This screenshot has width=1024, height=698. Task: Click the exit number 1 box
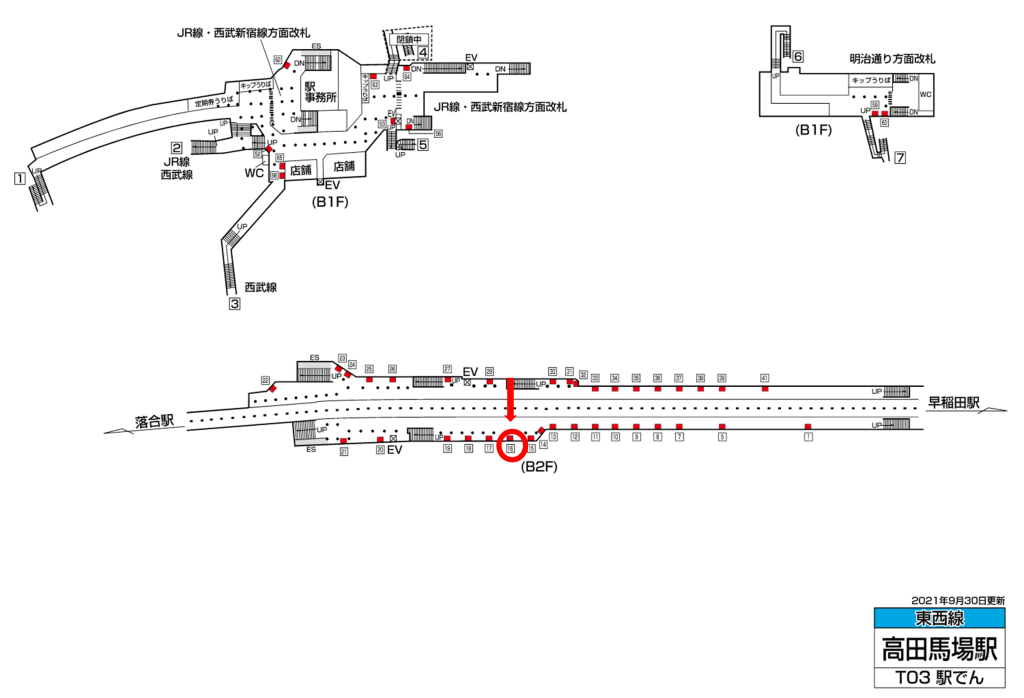coord(18,179)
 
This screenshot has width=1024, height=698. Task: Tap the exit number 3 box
coord(235,305)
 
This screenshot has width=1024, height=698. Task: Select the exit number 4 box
coord(423,52)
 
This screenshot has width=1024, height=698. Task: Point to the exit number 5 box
coord(423,145)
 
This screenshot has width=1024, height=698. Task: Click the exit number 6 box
coord(798,57)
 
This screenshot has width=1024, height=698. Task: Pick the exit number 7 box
coord(900,157)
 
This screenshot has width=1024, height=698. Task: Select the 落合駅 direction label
coord(155,421)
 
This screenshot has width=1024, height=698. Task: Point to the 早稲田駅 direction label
coord(953,403)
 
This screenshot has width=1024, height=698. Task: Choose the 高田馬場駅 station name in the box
coord(938,648)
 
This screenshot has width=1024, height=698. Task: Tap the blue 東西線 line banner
coord(938,618)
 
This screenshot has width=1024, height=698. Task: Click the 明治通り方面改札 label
coord(892,59)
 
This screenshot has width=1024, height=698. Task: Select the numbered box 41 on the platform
coord(764,378)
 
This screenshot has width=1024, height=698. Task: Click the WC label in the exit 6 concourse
coord(925,95)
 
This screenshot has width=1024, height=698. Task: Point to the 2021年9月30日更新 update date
coord(957,599)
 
